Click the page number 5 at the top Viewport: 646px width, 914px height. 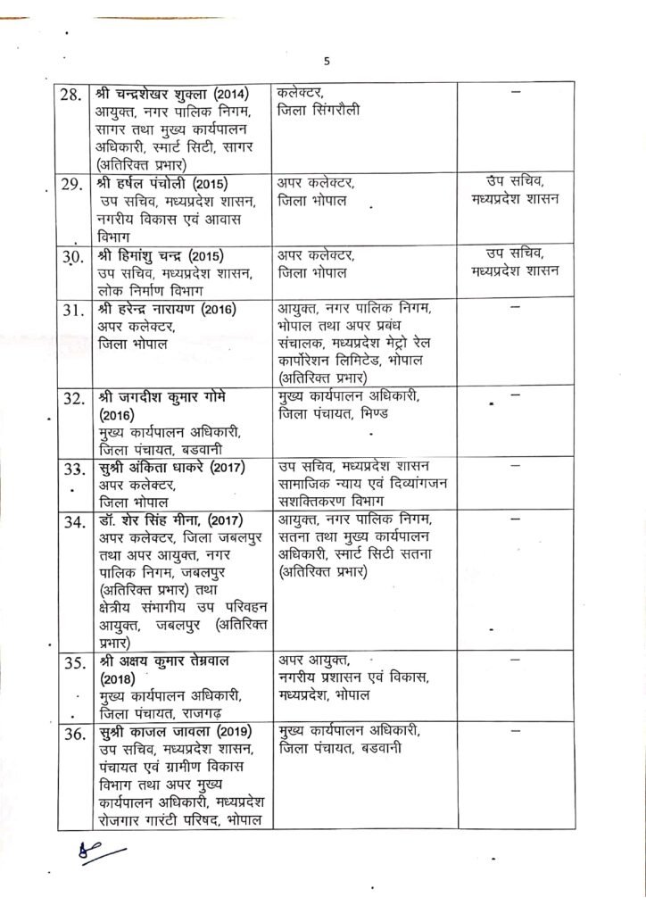tap(327, 62)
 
